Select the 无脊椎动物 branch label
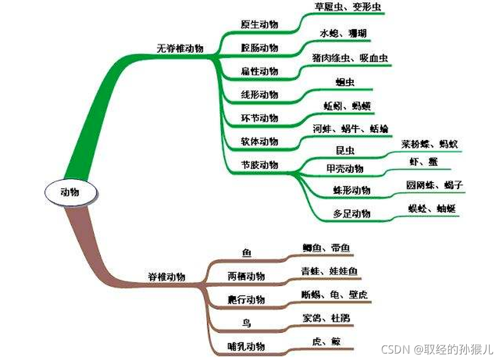click(180, 49)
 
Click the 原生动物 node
click(259, 25)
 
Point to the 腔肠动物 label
click(259, 47)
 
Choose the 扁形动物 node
click(259, 71)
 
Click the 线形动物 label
click(259, 94)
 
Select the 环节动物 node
click(259, 118)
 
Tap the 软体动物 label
click(259, 142)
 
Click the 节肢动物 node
click(259, 165)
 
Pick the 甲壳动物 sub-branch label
click(344, 169)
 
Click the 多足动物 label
click(351, 214)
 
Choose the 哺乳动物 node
click(246, 347)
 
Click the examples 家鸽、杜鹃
click(326, 318)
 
